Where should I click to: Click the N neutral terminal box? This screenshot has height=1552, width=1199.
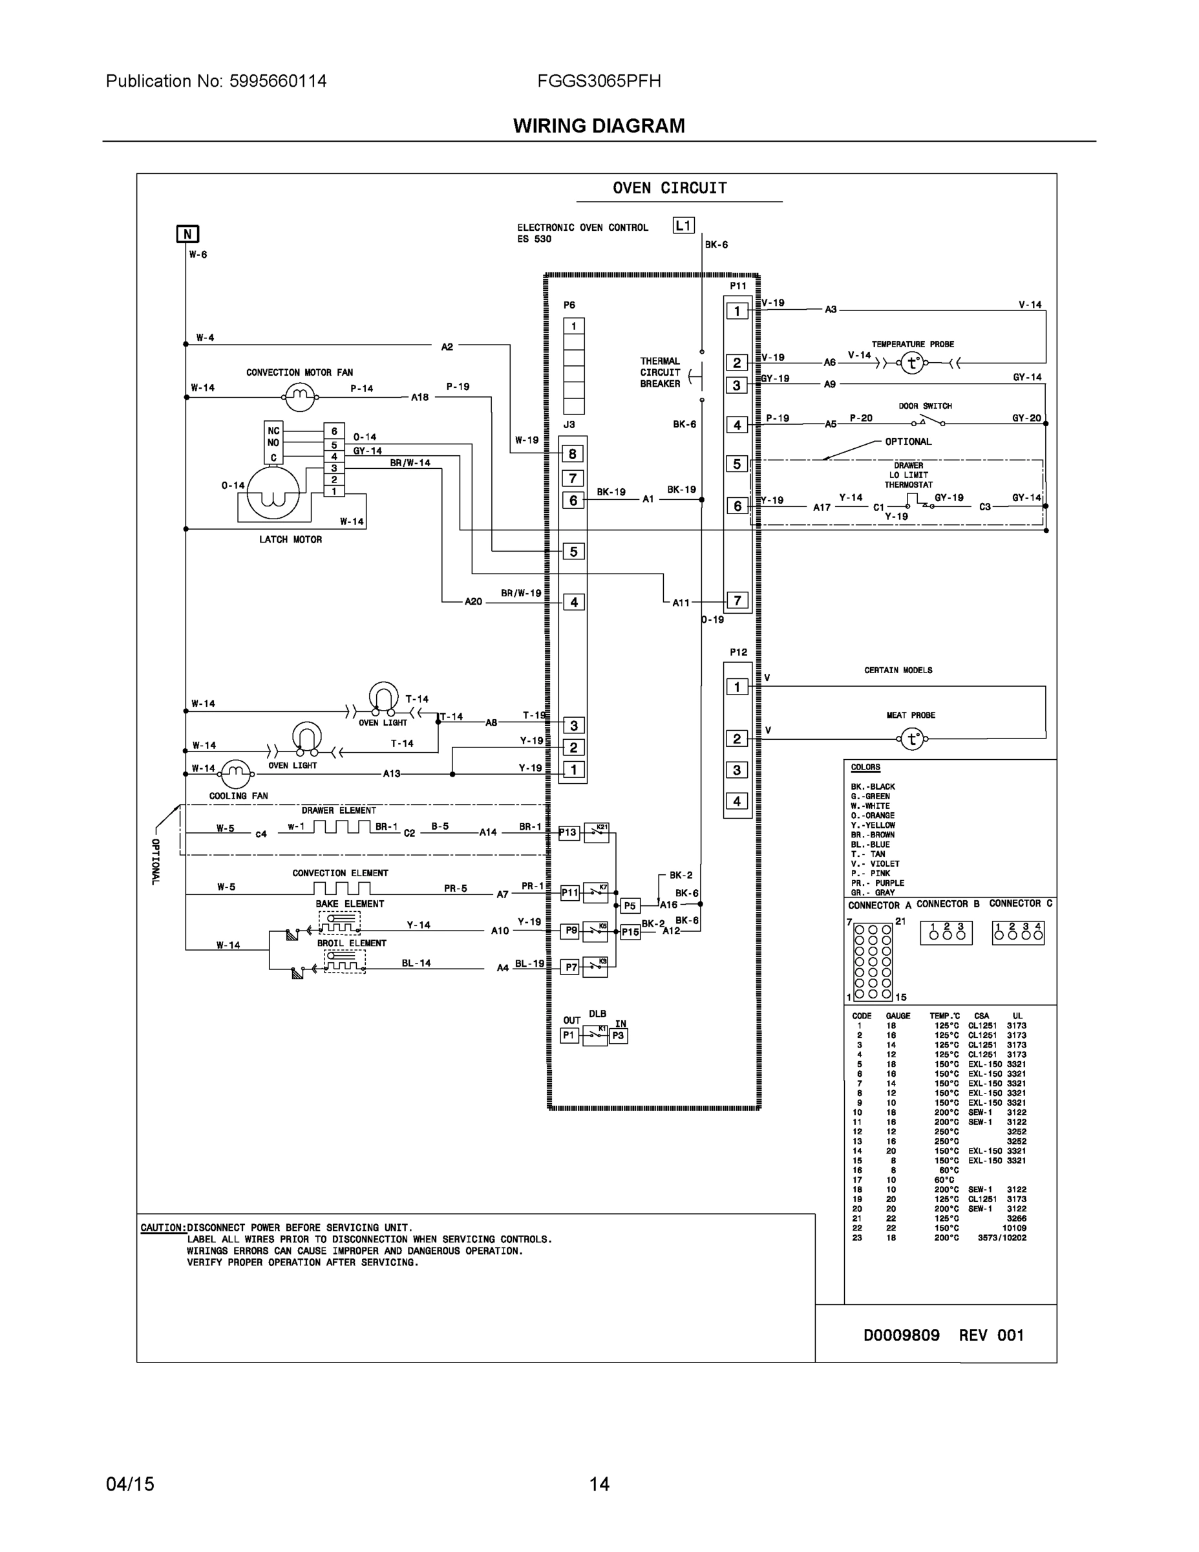187,234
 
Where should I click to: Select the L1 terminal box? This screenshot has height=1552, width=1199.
683,225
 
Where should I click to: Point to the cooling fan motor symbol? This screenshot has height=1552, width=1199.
236,774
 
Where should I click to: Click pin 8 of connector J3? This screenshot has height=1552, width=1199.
573,453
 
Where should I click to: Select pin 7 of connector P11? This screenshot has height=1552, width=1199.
737,601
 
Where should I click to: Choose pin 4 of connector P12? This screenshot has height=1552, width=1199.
737,801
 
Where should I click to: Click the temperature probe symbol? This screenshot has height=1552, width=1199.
912,363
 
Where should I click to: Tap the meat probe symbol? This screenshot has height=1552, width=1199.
912,739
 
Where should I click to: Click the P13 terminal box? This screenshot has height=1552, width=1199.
568,833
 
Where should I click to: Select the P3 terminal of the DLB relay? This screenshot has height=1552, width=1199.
618,1036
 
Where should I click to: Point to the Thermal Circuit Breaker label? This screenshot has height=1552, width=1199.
660,372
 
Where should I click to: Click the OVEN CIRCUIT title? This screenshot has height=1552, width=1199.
670,188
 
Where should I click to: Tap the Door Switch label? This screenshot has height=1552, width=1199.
925,405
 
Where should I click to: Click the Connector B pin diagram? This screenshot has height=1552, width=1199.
946,932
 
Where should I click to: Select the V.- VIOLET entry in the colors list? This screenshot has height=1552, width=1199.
875,864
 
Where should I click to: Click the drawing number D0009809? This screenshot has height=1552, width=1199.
900,1335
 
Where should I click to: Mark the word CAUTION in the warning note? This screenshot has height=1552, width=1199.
163,1228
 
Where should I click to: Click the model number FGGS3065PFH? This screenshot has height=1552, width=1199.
599,81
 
